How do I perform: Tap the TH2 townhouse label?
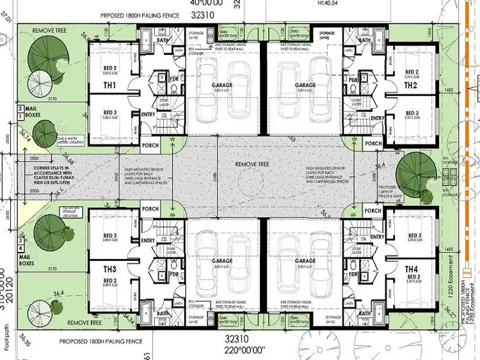(411, 85)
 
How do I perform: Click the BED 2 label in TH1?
(111, 68)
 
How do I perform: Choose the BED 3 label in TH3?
(111, 235)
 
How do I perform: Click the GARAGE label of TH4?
(305, 261)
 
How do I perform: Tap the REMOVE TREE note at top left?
(49, 29)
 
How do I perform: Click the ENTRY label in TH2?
(376, 118)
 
